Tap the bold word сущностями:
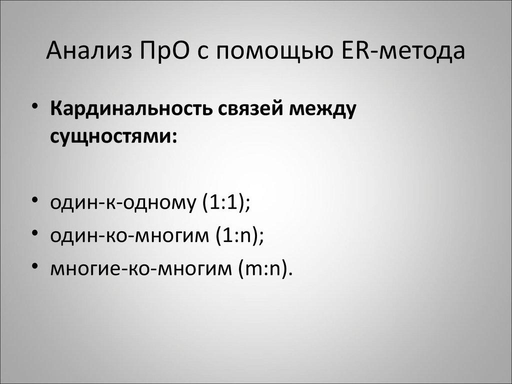[113, 136]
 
